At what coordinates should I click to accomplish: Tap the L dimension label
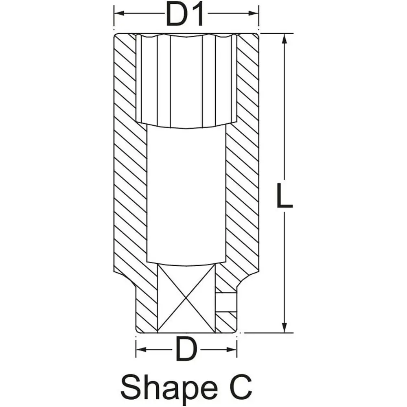(284, 195)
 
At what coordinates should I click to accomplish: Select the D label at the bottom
(186, 349)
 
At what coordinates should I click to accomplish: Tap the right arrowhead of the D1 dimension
(254, 13)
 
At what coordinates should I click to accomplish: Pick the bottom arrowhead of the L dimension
(284, 328)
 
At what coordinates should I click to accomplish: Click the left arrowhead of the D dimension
(141, 349)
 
